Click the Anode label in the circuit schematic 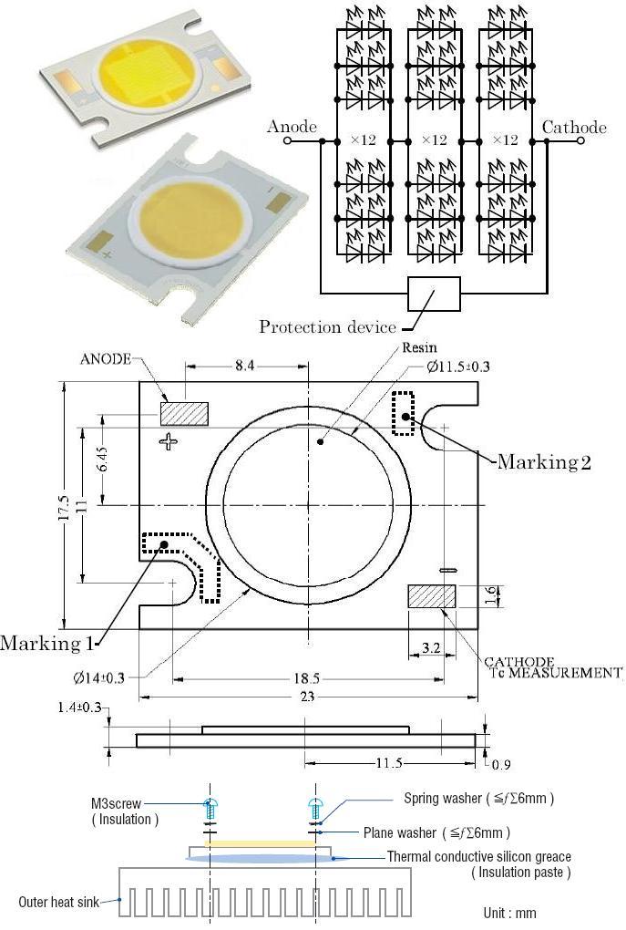(292, 127)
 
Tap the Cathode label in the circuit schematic (574, 128)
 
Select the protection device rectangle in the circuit (434, 294)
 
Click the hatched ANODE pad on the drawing (184, 413)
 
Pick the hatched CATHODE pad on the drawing (432, 596)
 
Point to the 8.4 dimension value (244, 366)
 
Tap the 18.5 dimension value (307, 678)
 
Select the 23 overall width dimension (307, 697)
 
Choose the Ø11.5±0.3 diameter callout (457, 367)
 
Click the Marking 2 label (544, 461)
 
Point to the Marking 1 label (46, 643)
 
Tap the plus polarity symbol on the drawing (169, 441)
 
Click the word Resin (419, 347)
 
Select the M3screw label (117, 803)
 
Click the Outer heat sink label (58, 902)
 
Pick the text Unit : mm (509, 913)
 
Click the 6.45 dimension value (103, 459)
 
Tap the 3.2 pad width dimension (432, 648)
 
